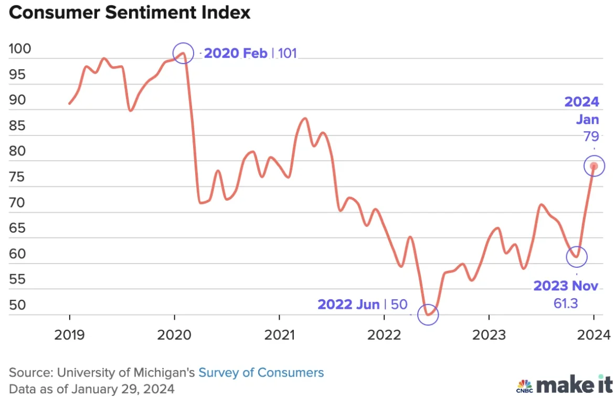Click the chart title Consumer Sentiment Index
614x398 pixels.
pyautogui.click(x=130, y=13)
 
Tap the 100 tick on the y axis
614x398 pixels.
pyautogui.click(x=20, y=49)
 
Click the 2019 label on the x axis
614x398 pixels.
pyautogui.click(x=70, y=334)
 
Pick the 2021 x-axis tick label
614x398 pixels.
pyautogui.click(x=279, y=334)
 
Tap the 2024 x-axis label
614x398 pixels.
pyautogui.click(x=594, y=334)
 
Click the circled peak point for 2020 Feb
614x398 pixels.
pyautogui.click(x=183, y=53)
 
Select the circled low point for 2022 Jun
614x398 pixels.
pyautogui.click(x=428, y=314)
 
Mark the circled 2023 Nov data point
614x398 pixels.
pyautogui.click(x=577, y=257)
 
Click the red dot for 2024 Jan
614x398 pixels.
pyautogui.click(x=594, y=166)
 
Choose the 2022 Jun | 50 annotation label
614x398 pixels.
pyautogui.click(x=362, y=305)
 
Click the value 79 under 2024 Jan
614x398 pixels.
pyautogui.click(x=591, y=137)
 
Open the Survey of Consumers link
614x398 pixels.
pyautogui.click(x=261, y=373)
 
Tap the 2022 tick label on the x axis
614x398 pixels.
pyautogui.click(x=384, y=334)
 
